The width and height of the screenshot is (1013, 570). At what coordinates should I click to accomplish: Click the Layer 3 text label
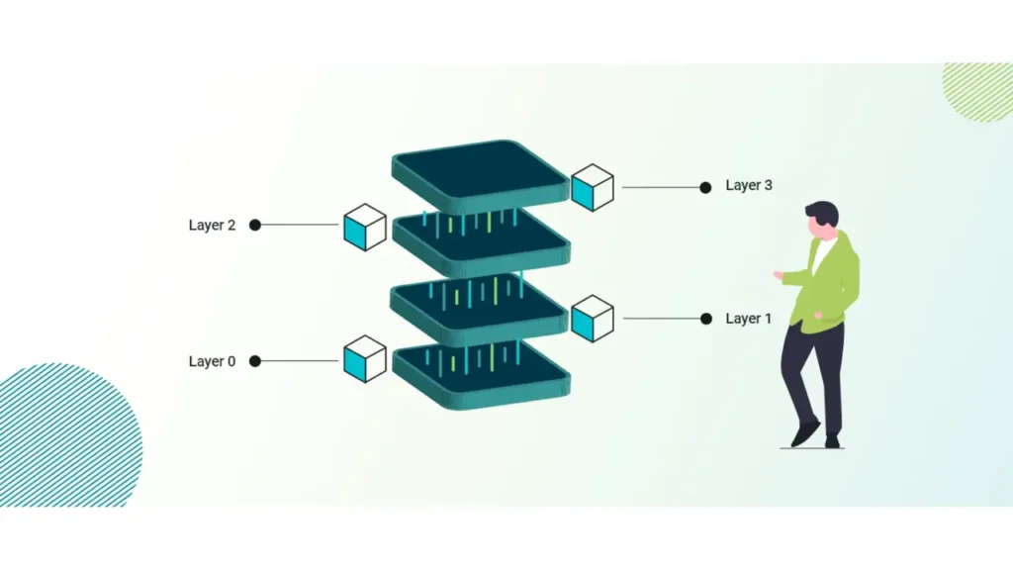click(x=749, y=185)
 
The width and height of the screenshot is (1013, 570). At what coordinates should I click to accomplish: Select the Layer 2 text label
click(x=212, y=225)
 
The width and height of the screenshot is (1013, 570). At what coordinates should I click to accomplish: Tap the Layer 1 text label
click(x=749, y=319)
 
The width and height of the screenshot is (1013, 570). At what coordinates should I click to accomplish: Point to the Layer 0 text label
click(x=212, y=361)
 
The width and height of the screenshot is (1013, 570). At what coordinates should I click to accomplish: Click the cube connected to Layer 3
click(x=593, y=187)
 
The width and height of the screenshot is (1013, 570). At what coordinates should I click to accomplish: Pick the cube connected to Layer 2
click(x=364, y=227)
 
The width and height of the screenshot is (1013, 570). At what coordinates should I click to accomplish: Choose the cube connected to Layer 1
click(x=593, y=319)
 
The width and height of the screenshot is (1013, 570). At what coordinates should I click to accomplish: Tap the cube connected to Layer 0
click(x=364, y=359)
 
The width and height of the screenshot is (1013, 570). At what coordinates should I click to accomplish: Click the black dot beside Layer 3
click(x=705, y=187)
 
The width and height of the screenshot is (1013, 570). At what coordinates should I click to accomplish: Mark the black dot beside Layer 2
click(x=255, y=225)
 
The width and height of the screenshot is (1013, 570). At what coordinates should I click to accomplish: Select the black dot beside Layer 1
click(x=705, y=319)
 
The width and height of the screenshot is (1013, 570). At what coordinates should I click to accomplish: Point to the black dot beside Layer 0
click(x=255, y=361)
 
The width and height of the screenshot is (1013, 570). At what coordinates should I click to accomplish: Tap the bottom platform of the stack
click(x=481, y=372)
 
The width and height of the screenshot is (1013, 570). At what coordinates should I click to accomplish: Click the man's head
click(x=822, y=219)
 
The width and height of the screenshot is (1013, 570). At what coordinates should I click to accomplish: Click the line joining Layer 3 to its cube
click(x=660, y=187)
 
